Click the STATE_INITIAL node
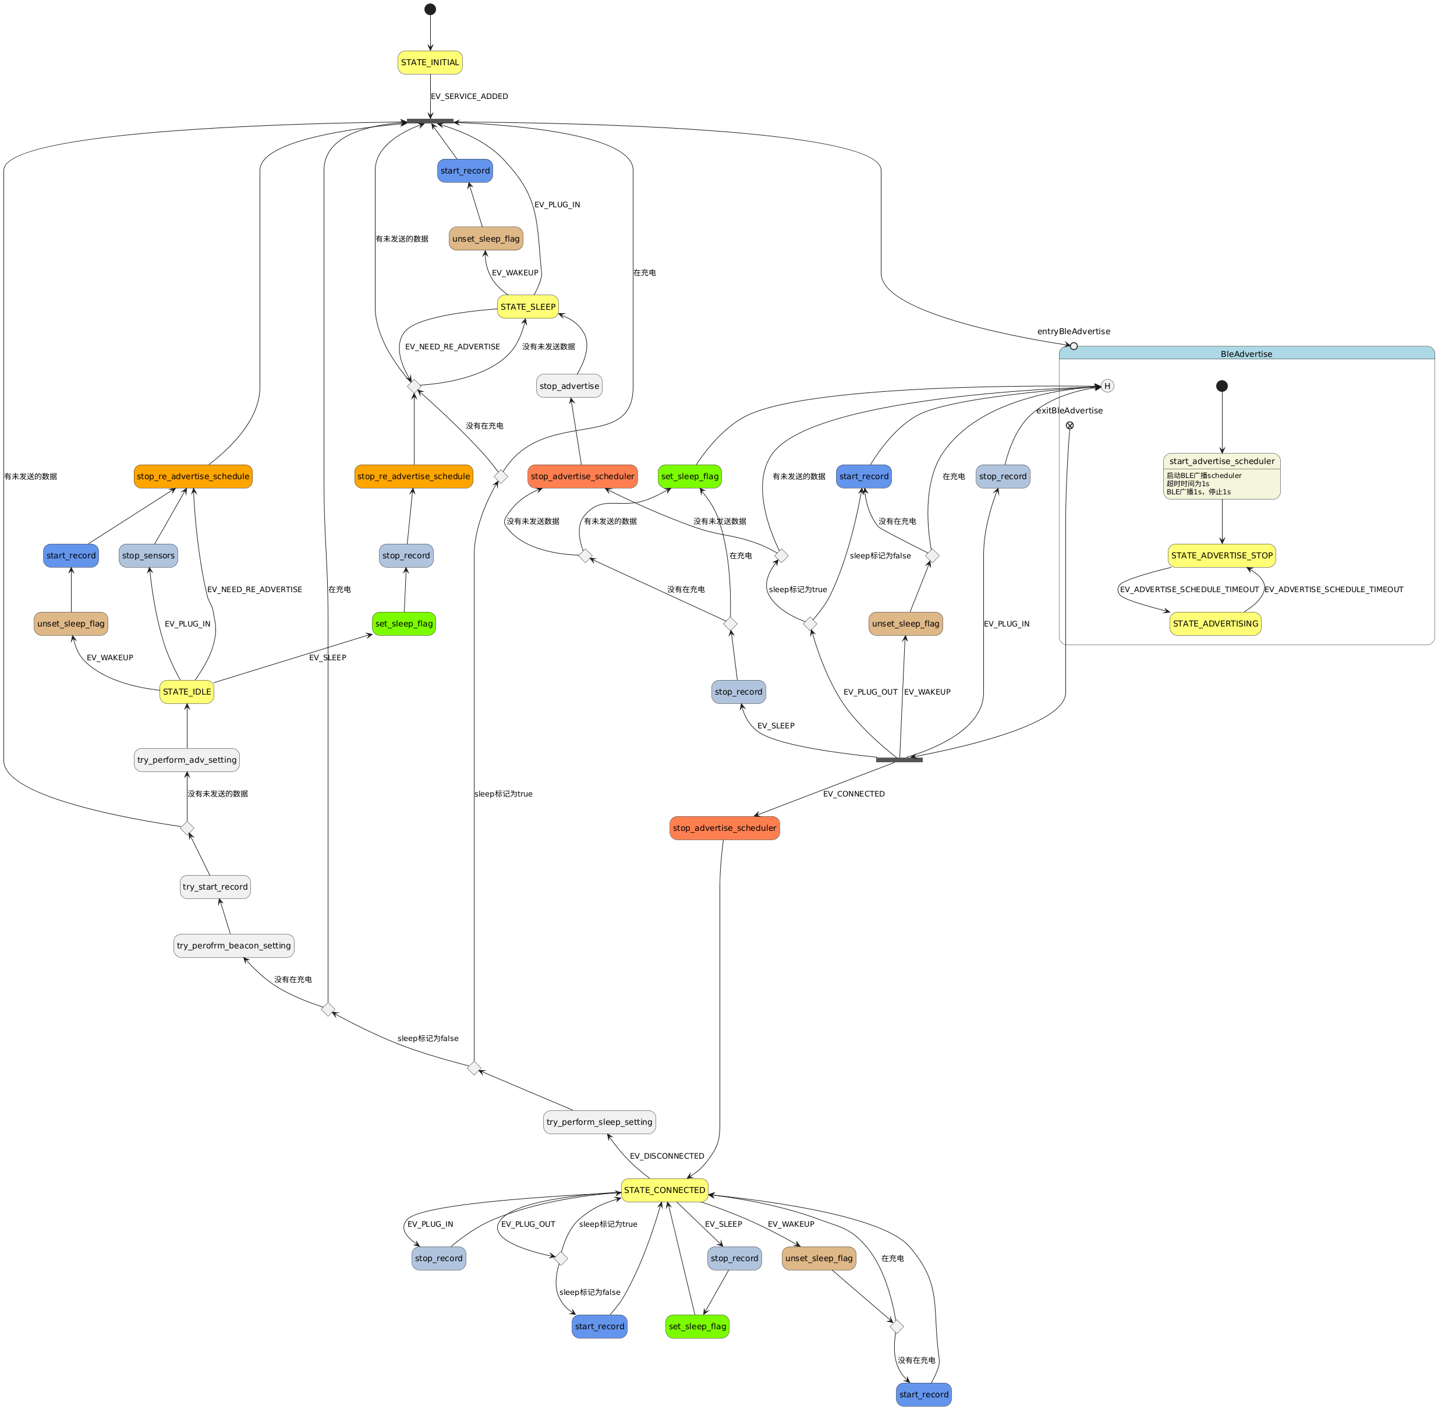[430, 63]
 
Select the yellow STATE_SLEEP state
[527, 307]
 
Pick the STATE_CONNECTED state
[665, 1190]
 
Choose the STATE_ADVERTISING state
[1215, 624]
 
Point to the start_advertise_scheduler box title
[1221, 461]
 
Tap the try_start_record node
[215, 887]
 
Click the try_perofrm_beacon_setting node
[234, 946]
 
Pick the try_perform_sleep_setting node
[600, 1122]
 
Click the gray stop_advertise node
[569, 386]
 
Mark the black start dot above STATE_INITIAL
[430, 10]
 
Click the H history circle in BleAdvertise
[1107, 385]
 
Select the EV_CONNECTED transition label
[853, 794]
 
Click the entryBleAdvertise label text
[1073, 331]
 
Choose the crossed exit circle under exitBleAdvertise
[1069, 426]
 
